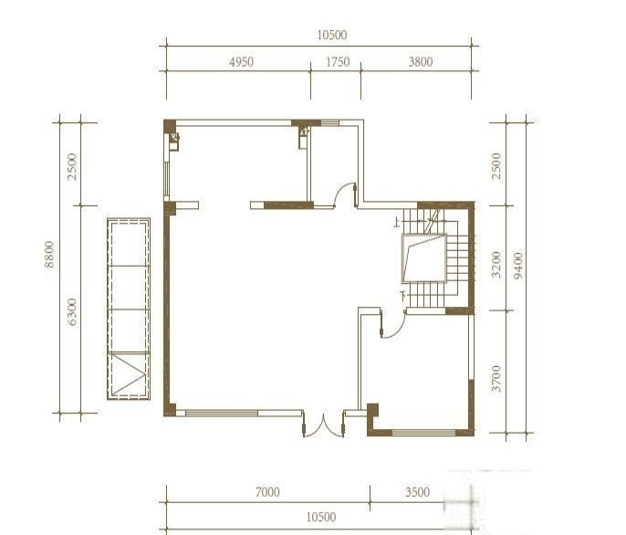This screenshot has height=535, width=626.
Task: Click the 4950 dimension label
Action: point(241,62)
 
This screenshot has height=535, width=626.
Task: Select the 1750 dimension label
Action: point(338,62)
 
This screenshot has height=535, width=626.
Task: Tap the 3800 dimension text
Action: point(421,62)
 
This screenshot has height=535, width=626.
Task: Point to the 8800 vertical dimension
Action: point(49,254)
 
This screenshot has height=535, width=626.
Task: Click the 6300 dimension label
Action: point(72,311)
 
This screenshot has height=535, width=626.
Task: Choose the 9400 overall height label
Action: point(517,266)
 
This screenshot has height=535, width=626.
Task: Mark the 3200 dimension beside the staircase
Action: point(496,264)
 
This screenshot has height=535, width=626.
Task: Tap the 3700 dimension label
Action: point(496,378)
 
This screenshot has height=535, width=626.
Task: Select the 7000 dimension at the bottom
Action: point(267,492)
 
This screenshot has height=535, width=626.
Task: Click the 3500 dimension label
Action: point(418,492)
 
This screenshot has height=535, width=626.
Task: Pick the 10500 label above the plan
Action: point(332,36)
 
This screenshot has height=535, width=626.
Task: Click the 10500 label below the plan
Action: point(321,517)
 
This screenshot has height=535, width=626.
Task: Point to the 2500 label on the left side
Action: point(72,166)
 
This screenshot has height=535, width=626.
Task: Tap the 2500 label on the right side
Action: point(496,166)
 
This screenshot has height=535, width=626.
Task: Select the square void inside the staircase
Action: point(423,258)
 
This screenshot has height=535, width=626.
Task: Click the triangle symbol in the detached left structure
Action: point(130,374)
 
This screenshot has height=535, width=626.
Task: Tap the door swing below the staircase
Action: point(392,323)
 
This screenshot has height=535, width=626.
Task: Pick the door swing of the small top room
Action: point(345,195)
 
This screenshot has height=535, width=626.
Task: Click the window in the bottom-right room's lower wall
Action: point(424,432)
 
